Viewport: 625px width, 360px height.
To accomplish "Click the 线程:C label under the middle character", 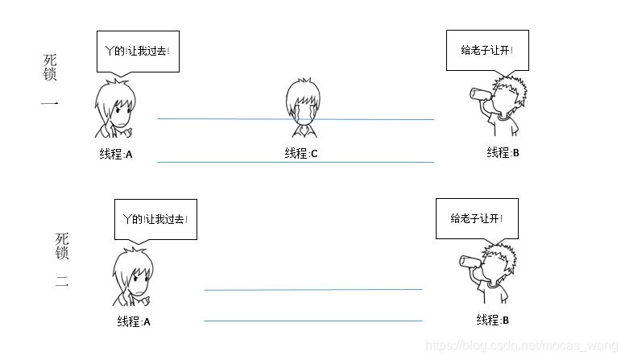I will (x=301, y=153).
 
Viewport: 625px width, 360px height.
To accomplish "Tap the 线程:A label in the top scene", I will (x=115, y=154).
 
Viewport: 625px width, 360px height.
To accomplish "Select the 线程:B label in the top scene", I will (x=503, y=152).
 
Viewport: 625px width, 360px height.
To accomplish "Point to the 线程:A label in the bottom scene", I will (x=134, y=321).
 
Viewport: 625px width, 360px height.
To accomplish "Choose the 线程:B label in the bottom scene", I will (x=493, y=320).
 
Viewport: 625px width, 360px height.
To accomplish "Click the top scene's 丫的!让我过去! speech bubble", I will (x=138, y=51).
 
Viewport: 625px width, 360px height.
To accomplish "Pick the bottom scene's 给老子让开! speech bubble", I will (x=476, y=217).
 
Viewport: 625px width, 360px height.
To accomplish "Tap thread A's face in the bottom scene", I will (x=135, y=278).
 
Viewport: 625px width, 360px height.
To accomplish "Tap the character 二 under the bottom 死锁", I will (x=62, y=282).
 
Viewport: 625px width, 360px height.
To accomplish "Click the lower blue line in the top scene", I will (x=296, y=163).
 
